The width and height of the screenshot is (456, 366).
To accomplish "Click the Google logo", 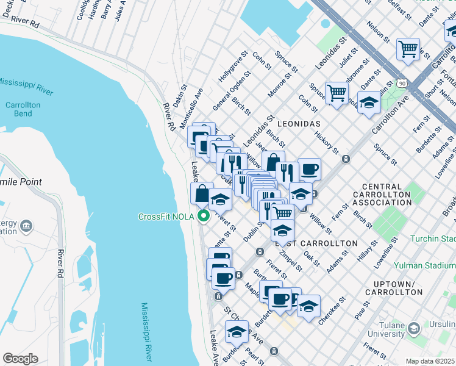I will tap(20, 358).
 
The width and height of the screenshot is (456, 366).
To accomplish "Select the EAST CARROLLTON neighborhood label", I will tap(316, 243).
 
